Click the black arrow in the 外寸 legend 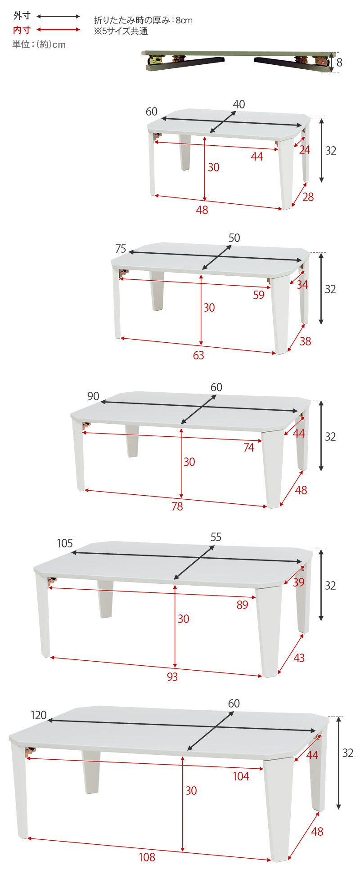58,17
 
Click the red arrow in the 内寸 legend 58,30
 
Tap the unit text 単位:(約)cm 39,44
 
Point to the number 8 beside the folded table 339,63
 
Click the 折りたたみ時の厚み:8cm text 143,20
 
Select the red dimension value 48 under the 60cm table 202,210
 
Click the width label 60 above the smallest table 152,112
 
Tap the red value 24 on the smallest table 305,150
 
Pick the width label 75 121,249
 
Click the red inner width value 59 259,295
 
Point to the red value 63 198,355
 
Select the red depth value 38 305,341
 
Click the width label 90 93,396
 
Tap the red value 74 249,448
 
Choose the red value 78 177,506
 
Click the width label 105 65,543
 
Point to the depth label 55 216,537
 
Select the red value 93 172,677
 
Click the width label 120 39,716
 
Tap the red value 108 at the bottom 147,857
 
